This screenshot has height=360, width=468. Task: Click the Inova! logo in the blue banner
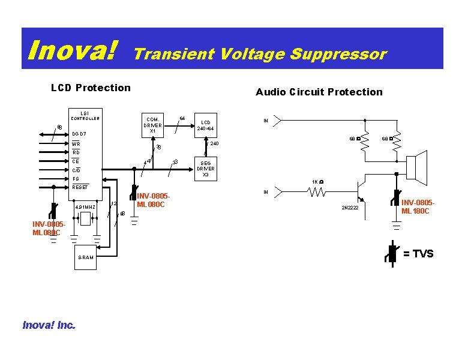pyautogui.click(x=73, y=49)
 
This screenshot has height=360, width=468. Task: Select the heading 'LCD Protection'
pyautogui.click(x=91, y=88)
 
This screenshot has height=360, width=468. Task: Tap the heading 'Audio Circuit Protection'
pyautogui.click(x=319, y=92)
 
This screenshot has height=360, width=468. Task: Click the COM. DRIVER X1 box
pyautogui.click(x=152, y=125)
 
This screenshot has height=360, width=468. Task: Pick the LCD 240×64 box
pyautogui.click(x=205, y=124)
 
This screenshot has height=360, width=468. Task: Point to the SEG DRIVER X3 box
pyautogui.click(x=205, y=167)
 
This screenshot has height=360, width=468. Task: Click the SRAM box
pyautogui.click(x=86, y=257)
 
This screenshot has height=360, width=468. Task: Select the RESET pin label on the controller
pyautogui.click(x=80, y=187)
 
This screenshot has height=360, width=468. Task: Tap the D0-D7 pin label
pyautogui.click(x=79, y=133)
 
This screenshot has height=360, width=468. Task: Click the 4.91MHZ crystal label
pyautogui.click(x=85, y=208)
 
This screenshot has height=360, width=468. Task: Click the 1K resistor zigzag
pyautogui.click(x=316, y=193)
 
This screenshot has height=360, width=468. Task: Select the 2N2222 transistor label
pyautogui.click(x=351, y=208)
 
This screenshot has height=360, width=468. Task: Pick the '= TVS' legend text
pyautogui.click(x=418, y=254)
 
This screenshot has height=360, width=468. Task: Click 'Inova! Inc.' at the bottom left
pyautogui.click(x=49, y=325)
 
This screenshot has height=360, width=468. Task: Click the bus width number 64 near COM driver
pyautogui.click(x=182, y=117)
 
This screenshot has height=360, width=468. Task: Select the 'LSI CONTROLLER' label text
pyautogui.click(x=85, y=116)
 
